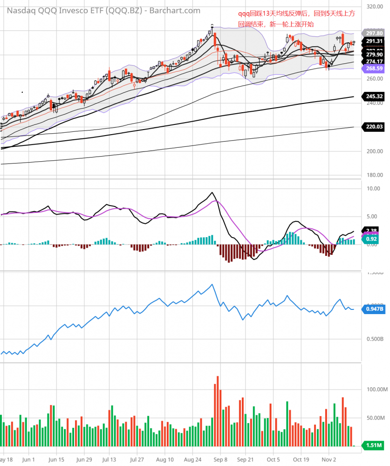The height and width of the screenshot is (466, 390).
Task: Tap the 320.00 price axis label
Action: [375, 7]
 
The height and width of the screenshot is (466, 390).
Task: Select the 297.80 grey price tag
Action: [374, 34]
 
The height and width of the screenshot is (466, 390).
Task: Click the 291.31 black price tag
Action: [374, 41]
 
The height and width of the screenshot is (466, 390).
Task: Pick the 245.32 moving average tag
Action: [374, 96]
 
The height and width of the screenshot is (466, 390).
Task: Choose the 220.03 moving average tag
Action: [374, 126]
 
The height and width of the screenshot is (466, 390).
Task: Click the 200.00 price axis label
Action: [375, 151]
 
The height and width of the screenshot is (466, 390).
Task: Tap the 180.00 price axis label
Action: [375, 175]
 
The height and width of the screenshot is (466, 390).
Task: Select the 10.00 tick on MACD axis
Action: [374, 189]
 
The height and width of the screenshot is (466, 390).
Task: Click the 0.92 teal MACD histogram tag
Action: [371, 239]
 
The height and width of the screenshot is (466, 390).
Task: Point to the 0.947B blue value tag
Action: [374, 309]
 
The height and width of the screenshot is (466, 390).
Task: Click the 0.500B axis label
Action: [374, 339]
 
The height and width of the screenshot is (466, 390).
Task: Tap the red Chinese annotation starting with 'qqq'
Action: [296, 19]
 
